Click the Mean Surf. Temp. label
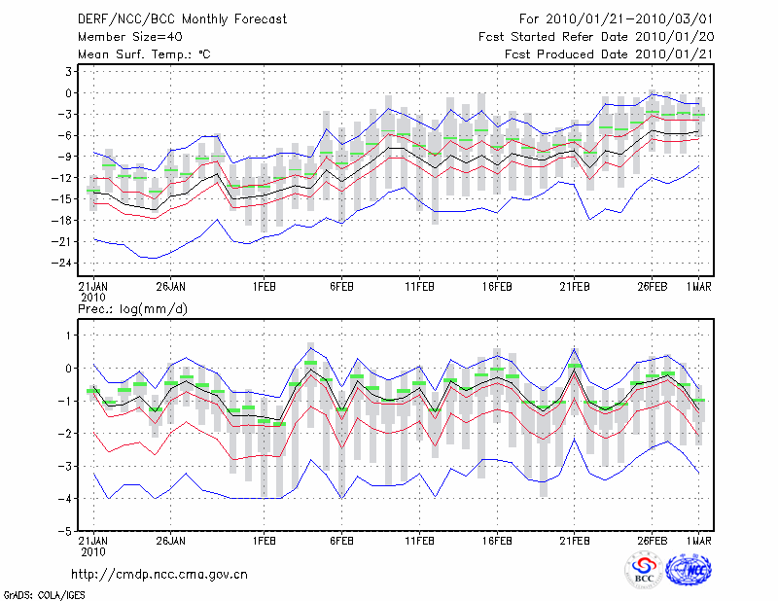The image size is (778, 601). point(144,54)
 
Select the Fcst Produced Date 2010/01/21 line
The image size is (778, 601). point(607,54)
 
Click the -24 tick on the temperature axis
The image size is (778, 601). point(64,263)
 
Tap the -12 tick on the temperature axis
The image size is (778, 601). point(64,178)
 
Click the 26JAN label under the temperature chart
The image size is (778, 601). point(171,287)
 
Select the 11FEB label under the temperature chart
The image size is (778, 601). point(419,287)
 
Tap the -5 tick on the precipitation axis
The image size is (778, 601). point(66,532)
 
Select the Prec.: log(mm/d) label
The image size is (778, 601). point(130,308)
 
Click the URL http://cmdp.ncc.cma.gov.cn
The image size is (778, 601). point(159,574)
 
